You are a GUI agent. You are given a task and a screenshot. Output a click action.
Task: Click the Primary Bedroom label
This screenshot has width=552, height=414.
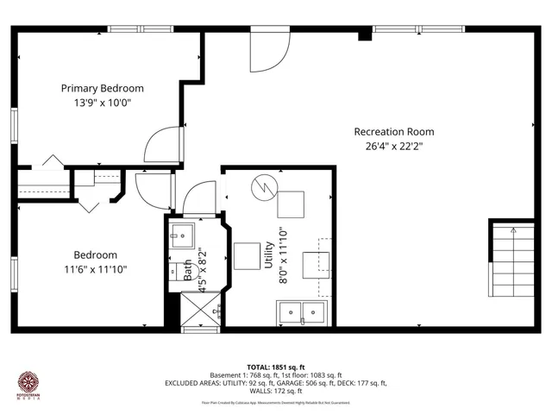pyautogui.click(x=102, y=88)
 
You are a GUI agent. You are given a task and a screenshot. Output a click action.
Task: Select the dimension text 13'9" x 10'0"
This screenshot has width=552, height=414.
pyautogui.click(x=102, y=103)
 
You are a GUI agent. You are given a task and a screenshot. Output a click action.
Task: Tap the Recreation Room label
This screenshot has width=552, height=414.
pyautogui.click(x=393, y=132)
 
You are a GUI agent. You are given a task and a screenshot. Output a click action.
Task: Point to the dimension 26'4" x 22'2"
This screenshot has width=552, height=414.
pyautogui.click(x=393, y=146)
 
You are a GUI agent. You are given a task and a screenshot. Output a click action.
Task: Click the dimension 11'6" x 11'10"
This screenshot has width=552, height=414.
pyautogui.click(x=95, y=269)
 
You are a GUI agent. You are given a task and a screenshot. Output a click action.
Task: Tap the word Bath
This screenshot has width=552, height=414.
pyautogui.click(x=187, y=270)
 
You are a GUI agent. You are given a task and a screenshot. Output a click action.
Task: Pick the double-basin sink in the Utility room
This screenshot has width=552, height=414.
pyautogui.click(x=302, y=312)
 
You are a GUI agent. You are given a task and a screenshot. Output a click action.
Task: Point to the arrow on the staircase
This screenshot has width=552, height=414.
pyautogui.click(x=513, y=231)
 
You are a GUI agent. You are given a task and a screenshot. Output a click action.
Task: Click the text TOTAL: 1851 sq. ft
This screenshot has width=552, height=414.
pyautogui.click(x=276, y=367)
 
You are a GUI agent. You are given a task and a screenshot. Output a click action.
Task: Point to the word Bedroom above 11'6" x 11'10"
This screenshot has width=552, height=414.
pyautogui.click(x=95, y=255)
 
